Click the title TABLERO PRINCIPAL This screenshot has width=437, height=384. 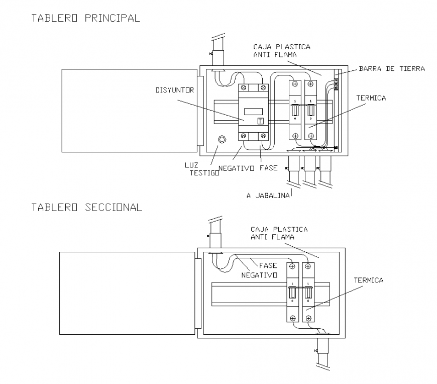85,19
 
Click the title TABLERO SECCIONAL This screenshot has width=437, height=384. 86,207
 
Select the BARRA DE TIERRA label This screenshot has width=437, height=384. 392,69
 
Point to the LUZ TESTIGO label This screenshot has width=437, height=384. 203,168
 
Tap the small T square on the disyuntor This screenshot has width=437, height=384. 260,121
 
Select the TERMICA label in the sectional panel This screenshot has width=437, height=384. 368,280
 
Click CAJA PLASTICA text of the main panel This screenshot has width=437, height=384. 282,47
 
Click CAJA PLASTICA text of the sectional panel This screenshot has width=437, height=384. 279,229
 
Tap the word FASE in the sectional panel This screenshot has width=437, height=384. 269,265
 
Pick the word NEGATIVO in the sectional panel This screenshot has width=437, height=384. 259,275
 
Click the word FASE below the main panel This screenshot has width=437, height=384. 268,168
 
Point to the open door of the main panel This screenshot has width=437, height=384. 128,111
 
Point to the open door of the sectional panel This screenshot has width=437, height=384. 127,293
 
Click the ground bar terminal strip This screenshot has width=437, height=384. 336,83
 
